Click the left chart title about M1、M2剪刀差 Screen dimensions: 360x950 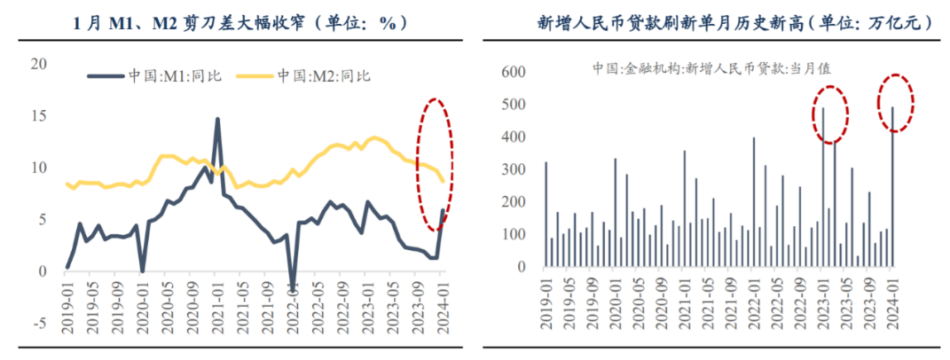click(239, 23)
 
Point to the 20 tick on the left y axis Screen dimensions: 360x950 click(37, 64)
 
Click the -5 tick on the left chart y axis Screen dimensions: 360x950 click(39, 323)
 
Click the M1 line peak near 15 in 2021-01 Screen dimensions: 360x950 click(217, 119)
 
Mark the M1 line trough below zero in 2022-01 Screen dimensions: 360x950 click(294, 289)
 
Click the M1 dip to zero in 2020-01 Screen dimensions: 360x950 click(142, 270)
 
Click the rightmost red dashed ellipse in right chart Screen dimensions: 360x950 click(895, 104)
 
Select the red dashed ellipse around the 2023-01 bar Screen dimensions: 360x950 click(830, 114)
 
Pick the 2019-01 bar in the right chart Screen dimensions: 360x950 click(546, 214)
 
